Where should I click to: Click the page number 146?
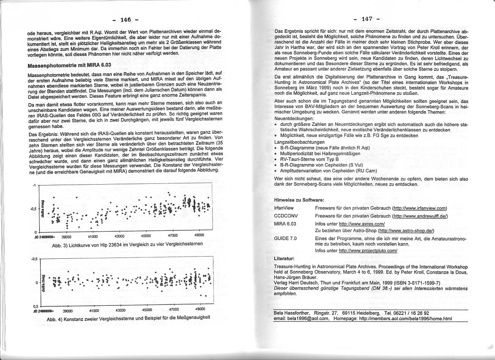tap(126, 19)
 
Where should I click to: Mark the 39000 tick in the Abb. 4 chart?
tap(67, 310)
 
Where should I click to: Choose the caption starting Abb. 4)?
tap(128, 318)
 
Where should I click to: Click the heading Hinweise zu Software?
tap(299, 199)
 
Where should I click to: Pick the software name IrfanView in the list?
tap(284, 208)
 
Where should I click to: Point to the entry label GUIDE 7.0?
tap(285, 238)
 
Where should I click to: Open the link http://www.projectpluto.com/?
tap(368, 251)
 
